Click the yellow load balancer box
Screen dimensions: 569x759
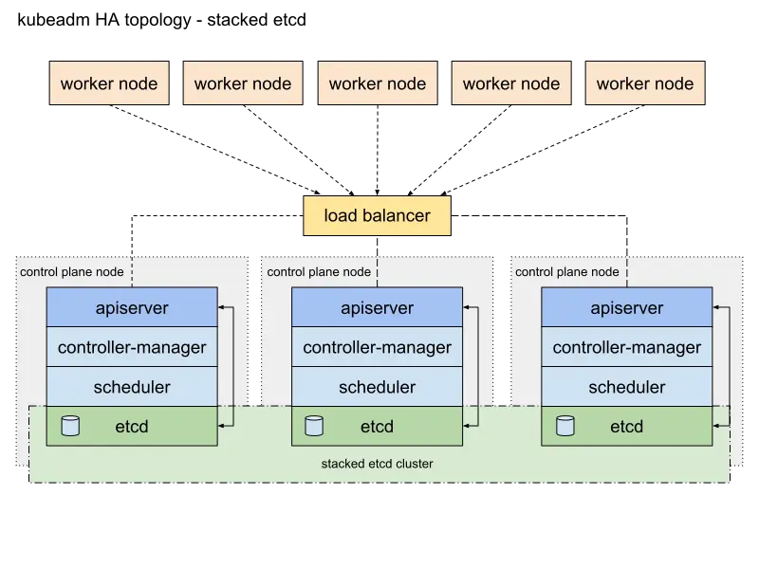point(378,215)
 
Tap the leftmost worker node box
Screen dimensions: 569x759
point(109,83)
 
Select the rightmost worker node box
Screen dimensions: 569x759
point(645,83)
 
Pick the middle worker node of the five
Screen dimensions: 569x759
point(378,83)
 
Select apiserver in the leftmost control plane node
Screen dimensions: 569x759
point(132,308)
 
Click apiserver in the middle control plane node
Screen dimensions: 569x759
point(377,308)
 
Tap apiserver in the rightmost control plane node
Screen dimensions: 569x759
point(626,308)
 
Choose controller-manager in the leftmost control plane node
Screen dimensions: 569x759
point(132,347)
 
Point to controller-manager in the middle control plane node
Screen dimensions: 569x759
point(377,347)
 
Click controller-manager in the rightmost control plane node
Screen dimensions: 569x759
point(626,347)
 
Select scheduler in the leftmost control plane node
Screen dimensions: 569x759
point(132,387)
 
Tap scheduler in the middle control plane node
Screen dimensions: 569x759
point(377,387)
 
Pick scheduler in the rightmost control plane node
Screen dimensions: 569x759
point(626,387)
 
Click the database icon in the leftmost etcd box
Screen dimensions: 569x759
point(69,426)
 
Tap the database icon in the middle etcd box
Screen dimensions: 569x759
point(313,426)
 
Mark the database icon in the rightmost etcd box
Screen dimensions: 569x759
point(565,426)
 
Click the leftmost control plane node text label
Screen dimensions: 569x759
point(71,272)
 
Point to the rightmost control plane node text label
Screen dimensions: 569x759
point(566,272)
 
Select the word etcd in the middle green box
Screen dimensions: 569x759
point(377,427)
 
